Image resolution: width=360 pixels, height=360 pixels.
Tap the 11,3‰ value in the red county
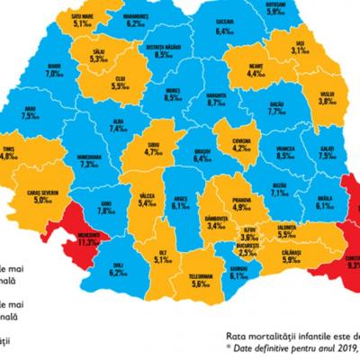coord(87,242)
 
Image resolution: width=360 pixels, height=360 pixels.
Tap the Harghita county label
coord(215,94)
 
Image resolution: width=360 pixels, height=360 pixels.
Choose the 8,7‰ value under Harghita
coord(215,104)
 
